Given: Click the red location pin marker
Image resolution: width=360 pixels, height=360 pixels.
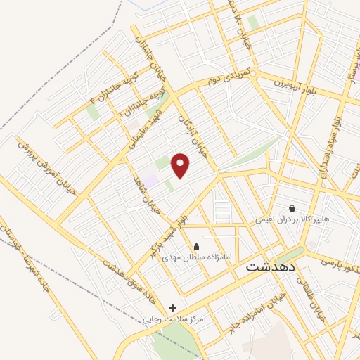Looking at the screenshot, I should pyautogui.click(x=181, y=165).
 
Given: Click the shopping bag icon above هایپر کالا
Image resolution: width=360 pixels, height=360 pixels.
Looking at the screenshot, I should pyautogui.click(x=292, y=208).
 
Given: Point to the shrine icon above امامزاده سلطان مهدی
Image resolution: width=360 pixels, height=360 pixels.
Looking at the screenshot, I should pyautogui.click(x=195, y=245).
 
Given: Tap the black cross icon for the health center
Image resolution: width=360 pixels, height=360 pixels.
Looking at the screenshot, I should pyautogui.click(x=173, y=308).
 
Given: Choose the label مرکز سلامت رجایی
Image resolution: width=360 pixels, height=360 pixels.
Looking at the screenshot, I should pyautogui.click(x=173, y=319).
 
